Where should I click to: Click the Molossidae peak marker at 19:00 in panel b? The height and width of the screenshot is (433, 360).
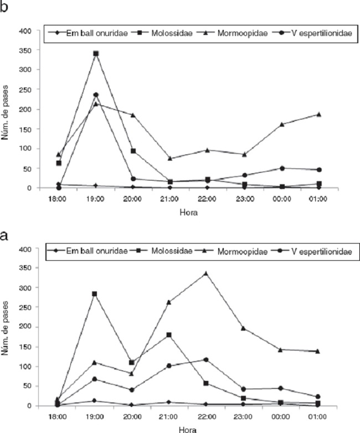tap(96, 54)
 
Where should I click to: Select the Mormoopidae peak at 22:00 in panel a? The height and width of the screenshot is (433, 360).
tap(206, 273)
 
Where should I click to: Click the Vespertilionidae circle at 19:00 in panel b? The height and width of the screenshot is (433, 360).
tap(96, 95)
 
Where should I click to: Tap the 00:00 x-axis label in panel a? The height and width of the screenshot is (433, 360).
tap(281, 416)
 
